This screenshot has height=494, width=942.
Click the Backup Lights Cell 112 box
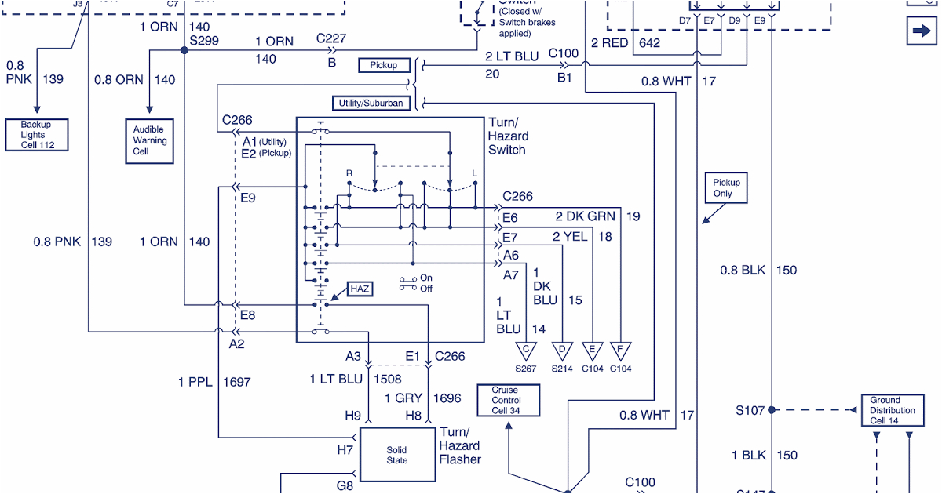(x=36, y=135)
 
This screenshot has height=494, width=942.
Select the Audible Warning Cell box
(x=149, y=141)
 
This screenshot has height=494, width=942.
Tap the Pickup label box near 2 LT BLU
(x=384, y=65)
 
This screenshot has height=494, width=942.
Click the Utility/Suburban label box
(x=371, y=103)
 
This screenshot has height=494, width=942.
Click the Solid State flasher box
(x=397, y=455)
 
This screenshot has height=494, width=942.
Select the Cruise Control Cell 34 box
(x=508, y=400)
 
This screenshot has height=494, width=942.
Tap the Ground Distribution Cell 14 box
(x=891, y=410)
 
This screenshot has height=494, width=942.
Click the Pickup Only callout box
(x=726, y=187)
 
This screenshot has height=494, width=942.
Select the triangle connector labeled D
(x=562, y=350)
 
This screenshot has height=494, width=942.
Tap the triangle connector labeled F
(x=621, y=350)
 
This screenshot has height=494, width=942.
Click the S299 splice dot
(x=184, y=50)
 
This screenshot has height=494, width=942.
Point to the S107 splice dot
(x=772, y=410)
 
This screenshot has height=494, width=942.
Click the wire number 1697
(x=236, y=382)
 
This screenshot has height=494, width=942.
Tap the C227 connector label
(x=331, y=38)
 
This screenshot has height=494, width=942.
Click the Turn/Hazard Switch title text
(x=507, y=136)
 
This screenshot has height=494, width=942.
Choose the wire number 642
(x=650, y=42)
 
